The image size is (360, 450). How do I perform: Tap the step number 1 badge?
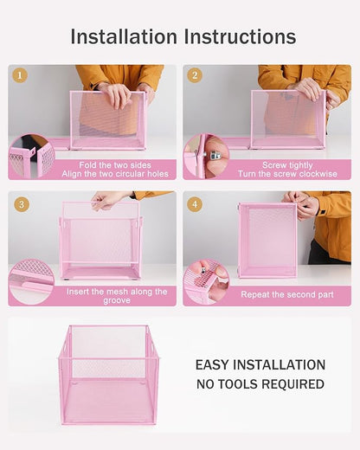click(21, 75)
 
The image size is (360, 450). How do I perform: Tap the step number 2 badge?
click(195, 75)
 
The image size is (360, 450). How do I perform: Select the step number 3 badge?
click(21, 204)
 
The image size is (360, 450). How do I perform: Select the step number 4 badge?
click(195, 204)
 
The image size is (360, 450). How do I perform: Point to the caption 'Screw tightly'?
click(286, 164)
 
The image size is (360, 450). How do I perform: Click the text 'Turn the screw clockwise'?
click(286, 174)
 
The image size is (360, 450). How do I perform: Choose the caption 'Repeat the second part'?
click(286, 295)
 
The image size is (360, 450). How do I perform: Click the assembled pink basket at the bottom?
click(108, 374)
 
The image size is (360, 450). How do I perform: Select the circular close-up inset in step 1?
click(32, 157)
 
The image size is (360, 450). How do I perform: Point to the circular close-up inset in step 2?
click(206, 157)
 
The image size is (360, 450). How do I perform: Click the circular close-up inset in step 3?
click(32, 281)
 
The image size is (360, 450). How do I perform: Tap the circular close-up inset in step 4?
click(206, 282)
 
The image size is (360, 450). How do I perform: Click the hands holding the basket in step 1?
click(115, 93)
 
